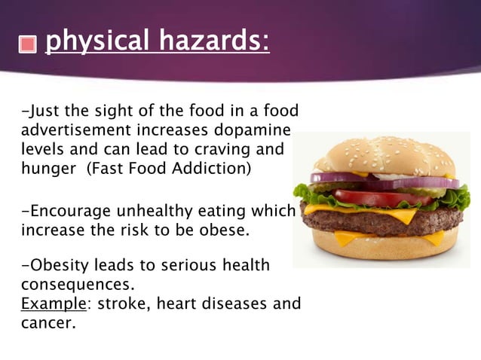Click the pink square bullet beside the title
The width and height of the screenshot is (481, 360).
click(x=27, y=44)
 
